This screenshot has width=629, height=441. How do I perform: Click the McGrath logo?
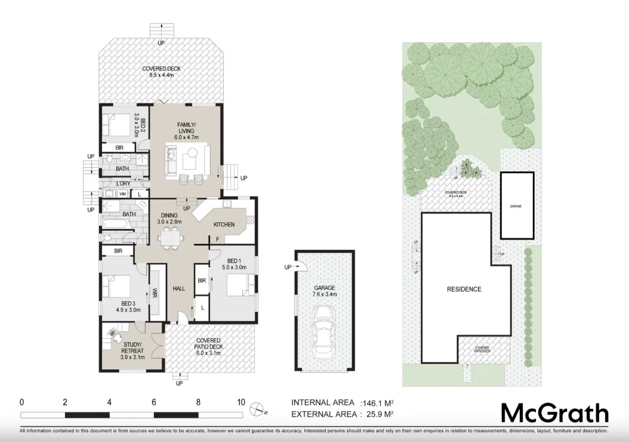(554, 413)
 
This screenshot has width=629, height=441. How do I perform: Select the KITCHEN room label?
(224, 225)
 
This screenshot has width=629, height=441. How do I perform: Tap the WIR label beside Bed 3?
(154, 293)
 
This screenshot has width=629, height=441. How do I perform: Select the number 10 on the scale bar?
(240, 402)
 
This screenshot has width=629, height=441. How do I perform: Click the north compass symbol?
(258, 409)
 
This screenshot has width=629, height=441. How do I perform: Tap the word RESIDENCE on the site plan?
(464, 289)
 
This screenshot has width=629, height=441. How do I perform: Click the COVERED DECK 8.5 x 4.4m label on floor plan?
(161, 72)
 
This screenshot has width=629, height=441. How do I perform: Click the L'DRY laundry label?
(123, 183)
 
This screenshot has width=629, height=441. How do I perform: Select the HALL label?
(178, 289)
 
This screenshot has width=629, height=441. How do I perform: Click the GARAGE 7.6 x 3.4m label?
(325, 290)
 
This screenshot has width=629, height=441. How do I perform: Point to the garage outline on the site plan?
(516, 206)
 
